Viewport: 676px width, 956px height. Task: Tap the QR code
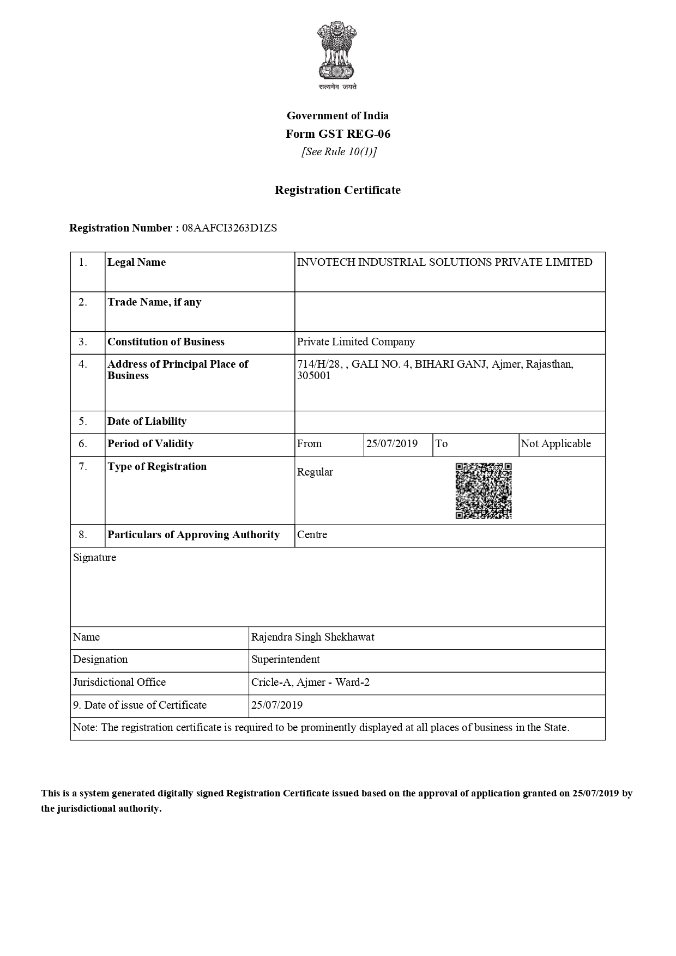pyautogui.click(x=484, y=490)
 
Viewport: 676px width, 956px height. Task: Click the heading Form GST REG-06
pyautogui.click(x=338, y=134)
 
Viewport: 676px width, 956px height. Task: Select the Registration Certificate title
pyautogui.click(x=337, y=190)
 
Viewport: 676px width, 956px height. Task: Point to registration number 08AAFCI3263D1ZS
pyautogui.click(x=230, y=228)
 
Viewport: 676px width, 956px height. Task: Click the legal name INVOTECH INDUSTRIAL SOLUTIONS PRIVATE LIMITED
pyautogui.click(x=444, y=263)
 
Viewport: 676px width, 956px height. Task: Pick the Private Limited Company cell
pyautogui.click(x=356, y=342)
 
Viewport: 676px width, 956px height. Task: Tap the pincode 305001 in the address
pyautogui.click(x=313, y=376)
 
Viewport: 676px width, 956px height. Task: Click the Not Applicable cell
pyautogui.click(x=556, y=444)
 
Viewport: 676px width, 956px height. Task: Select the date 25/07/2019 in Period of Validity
pyautogui.click(x=392, y=444)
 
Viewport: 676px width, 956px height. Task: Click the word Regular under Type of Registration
pyautogui.click(x=315, y=472)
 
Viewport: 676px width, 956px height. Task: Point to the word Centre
pyautogui.click(x=312, y=535)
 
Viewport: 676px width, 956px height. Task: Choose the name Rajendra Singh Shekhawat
pyautogui.click(x=312, y=637)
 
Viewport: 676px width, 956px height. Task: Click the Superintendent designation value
pyautogui.click(x=285, y=660)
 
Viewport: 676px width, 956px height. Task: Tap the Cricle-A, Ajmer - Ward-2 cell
pyautogui.click(x=310, y=683)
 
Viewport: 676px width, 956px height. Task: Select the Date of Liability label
pyautogui.click(x=147, y=422)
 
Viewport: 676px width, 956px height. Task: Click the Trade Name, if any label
pyautogui.click(x=154, y=302)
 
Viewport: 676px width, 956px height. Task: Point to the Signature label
pyautogui.click(x=94, y=558)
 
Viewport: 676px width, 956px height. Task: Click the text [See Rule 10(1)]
pyautogui.click(x=339, y=152)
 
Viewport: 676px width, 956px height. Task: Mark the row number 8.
pyautogui.click(x=82, y=535)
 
